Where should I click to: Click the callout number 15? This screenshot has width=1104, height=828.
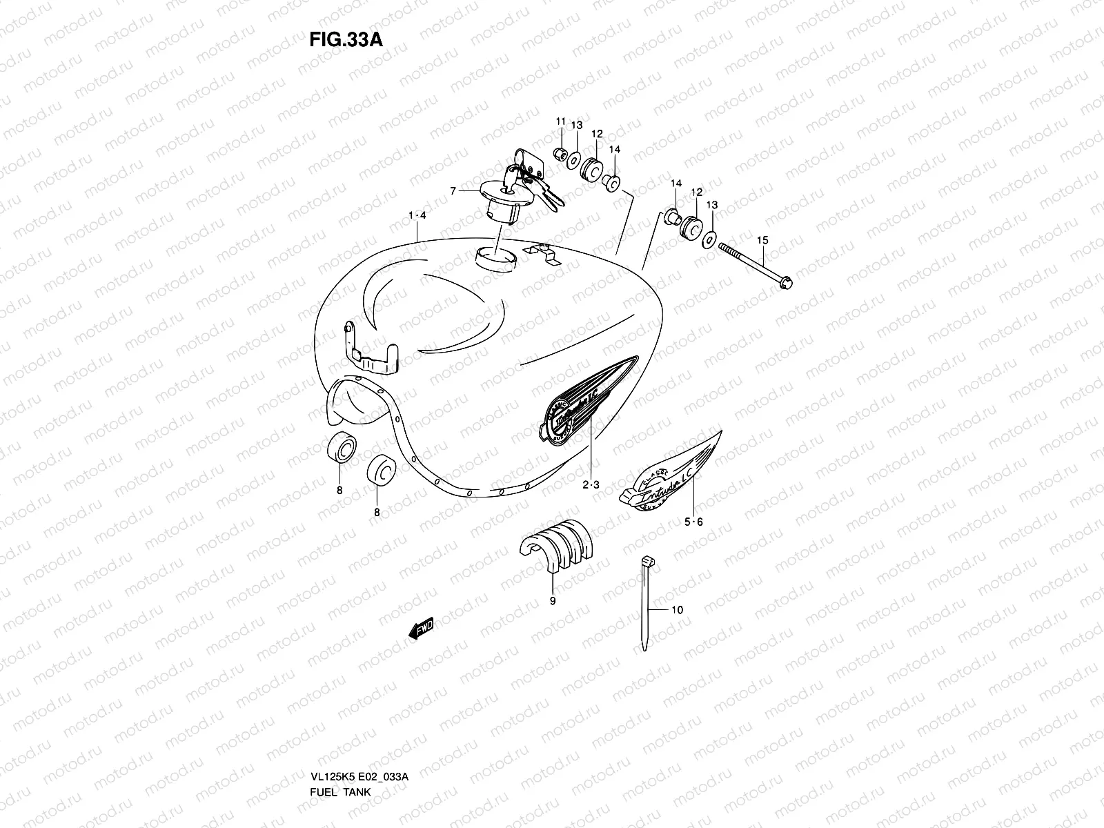pyautogui.click(x=762, y=240)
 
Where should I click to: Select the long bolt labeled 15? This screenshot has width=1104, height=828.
pyautogui.click(x=756, y=265)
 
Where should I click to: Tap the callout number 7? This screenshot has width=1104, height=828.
pyautogui.click(x=453, y=191)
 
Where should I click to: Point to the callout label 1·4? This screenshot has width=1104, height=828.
pyautogui.click(x=417, y=216)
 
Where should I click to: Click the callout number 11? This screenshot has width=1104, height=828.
pyautogui.click(x=561, y=121)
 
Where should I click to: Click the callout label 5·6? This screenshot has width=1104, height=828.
pyautogui.click(x=694, y=522)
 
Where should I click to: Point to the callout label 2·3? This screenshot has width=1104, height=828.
pyautogui.click(x=591, y=485)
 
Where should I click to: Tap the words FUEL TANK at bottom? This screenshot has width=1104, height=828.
pyautogui.click(x=339, y=753)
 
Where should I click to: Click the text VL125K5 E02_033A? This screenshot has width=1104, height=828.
pyautogui.click(x=359, y=738)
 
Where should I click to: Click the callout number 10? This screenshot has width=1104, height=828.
pyautogui.click(x=677, y=610)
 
